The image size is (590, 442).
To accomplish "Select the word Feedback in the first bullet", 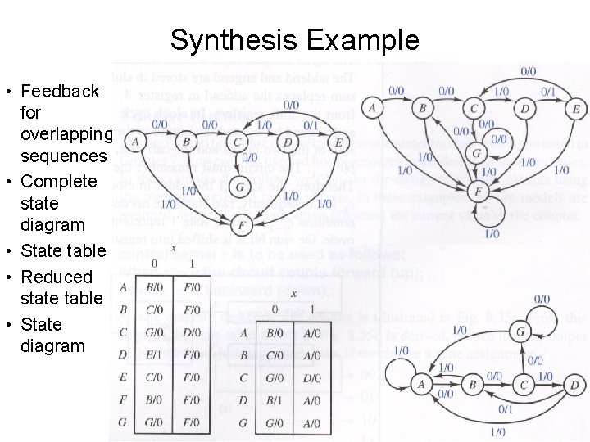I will [x=60, y=91].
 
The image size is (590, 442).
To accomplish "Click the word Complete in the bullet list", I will [x=59, y=181].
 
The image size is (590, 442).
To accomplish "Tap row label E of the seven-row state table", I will [x=123, y=378].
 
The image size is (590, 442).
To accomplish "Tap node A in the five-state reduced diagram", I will [x=421, y=385].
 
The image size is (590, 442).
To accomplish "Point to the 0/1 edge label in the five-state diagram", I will [x=506, y=409].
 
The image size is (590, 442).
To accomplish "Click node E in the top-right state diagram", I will [x=577, y=108].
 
